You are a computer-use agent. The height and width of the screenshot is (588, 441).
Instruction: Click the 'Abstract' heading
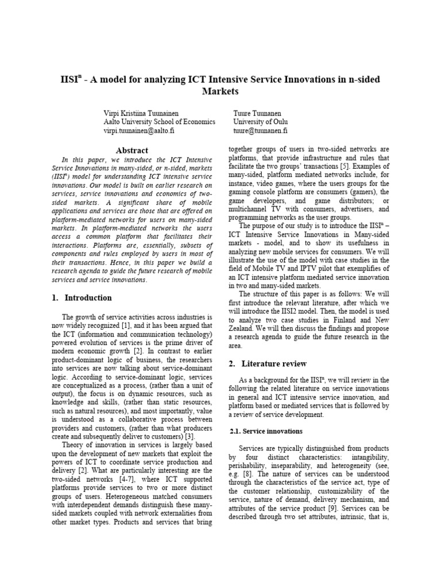click(133, 150)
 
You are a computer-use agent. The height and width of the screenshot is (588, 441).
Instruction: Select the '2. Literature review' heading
click(267, 363)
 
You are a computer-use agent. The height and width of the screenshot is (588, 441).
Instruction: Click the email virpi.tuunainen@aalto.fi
click(139, 131)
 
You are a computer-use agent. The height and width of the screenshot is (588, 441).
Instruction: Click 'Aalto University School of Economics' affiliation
click(160, 122)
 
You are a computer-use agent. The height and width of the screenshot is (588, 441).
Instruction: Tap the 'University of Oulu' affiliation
click(261, 122)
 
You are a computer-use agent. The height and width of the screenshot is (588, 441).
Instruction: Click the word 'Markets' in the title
click(220, 91)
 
